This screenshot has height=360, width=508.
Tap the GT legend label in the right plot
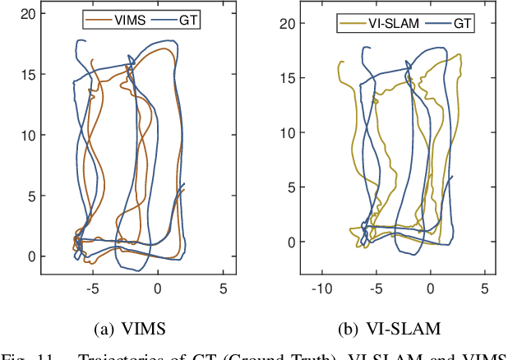pyautogui.click(x=463, y=24)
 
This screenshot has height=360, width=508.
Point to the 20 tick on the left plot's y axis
pyautogui.click(x=29, y=13)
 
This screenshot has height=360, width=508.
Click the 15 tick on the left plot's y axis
pyautogui.click(x=29, y=74)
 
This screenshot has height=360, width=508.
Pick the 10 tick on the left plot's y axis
pyautogui.click(x=29, y=135)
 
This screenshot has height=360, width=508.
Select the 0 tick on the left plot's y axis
pyautogui.click(x=32, y=256)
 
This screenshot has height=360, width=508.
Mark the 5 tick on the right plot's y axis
pyautogui.click(x=287, y=187)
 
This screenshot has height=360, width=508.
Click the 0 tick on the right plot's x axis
pyautogui.click(x=430, y=289)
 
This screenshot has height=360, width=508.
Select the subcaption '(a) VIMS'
pyautogui.click(x=131, y=330)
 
